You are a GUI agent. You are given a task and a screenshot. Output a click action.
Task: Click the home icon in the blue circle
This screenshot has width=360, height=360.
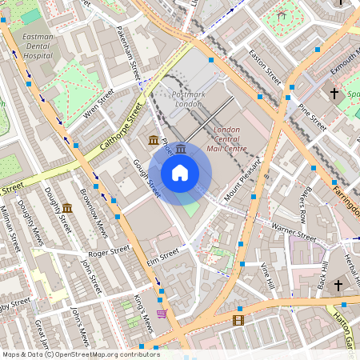tap(180, 173)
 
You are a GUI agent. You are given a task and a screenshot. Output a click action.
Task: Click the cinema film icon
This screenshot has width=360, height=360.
tap(238, 320)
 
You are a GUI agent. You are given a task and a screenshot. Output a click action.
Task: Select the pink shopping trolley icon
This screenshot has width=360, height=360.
tap(162, 314)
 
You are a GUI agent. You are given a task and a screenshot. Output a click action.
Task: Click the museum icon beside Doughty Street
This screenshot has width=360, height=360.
tap(67, 209)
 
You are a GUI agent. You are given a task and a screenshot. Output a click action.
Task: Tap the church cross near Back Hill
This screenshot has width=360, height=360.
tap(338, 285)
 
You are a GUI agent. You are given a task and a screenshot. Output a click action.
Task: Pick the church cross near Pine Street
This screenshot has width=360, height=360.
tap(334, 94)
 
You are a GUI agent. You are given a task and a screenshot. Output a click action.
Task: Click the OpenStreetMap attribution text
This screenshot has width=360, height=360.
tap(80, 354)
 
